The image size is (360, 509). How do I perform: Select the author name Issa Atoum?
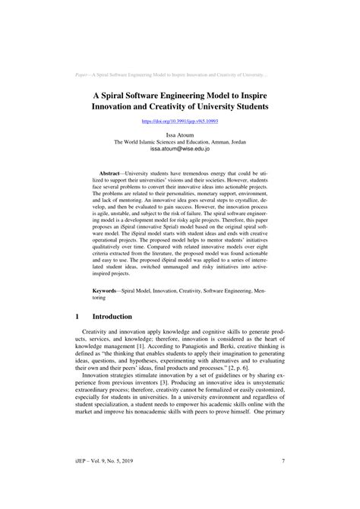point(180,133)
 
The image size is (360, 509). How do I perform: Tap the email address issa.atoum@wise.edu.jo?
point(180,150)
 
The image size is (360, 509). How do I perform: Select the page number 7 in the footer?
point(283,480)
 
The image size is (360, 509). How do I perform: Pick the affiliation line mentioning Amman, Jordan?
point(180,141)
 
